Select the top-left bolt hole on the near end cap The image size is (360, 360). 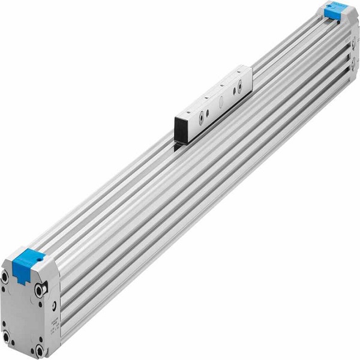point(5,277)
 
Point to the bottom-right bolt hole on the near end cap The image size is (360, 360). point(40,350)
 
